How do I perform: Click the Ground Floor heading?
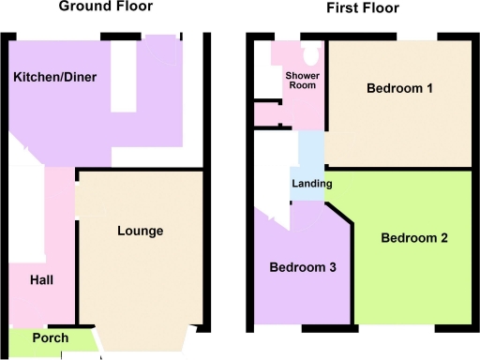(105, 7)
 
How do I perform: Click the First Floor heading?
(363, 8)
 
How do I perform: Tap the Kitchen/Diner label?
(55, 76)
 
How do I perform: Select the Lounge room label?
(141, 231)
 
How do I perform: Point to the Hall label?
(41, 279)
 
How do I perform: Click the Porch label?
(51, 337)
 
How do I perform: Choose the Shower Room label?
(300, 80)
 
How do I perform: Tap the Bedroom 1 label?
(399, 89)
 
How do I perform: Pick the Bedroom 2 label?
(413, 238)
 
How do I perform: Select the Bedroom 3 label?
(303, 267)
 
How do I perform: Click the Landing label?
(310, 182)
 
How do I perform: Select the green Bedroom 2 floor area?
(412, 281)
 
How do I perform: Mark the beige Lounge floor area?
(141, 281)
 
